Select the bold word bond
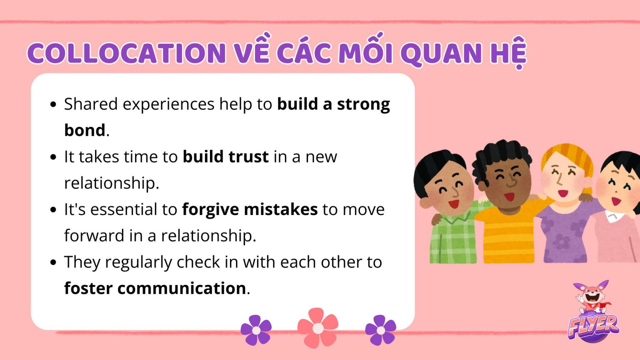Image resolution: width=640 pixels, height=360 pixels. click(85, 130)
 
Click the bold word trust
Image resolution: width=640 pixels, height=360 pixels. click(248, 157)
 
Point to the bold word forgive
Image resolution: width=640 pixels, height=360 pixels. click(210, 209)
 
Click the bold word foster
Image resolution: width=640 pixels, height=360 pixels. click(88, 288)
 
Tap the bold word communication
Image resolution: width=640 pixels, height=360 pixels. click(182, 288)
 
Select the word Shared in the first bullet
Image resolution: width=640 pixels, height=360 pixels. click(90, 104)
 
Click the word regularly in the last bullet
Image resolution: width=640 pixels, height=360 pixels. click(138, 262)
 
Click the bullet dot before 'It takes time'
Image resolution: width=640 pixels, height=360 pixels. click(53, 157)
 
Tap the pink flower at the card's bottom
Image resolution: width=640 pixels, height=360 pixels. click(318, 328)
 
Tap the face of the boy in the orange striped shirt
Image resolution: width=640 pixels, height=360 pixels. click(506, 181)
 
